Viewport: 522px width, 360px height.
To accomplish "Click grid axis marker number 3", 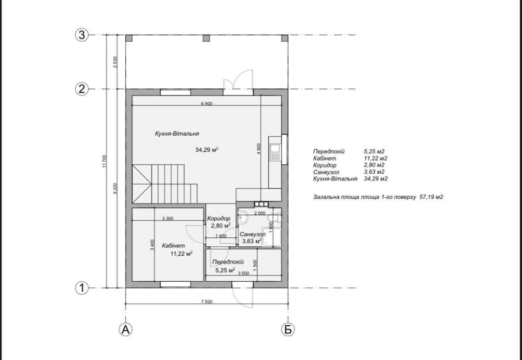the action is pyautogui.click(x=82, y=35).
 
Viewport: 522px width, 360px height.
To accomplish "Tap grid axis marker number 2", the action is pyautogui.click(x=82, y=89).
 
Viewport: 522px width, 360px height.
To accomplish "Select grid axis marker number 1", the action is pyautogui.click(x=82, y=288).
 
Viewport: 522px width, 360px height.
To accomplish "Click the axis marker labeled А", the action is pyautogui.click(x=125, y=329).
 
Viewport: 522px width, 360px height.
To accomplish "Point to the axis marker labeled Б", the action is pyautogui.click(x=288, y=329).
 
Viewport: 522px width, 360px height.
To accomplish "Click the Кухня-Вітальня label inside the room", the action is pyautogui.click(x=177, y=134).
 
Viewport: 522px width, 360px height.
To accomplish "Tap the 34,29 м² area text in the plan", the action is pyautogui.click(x=207, y=150).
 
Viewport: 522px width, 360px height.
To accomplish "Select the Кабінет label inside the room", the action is pyautogui.click(x=173, y=246).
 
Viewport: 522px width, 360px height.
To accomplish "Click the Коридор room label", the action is pyautogui.click(x=218, y=219).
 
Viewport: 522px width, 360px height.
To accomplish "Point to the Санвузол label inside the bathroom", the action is pyautogui.click(x=253, y=234).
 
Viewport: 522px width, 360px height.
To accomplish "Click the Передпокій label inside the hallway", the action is pyautogui.click(x=228, y=262).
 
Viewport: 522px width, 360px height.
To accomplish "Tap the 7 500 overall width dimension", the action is pyautogui.click(x=206, y=302).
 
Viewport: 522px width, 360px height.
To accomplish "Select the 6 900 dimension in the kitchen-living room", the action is pyautogui.click(x=206, y=103).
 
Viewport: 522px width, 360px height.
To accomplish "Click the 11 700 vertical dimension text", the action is pyautogui.click(x=104, y=161).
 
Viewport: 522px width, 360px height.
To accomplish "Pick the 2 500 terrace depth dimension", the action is pyautogui.click(x=115, y=62).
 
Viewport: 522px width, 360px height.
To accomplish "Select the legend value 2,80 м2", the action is pyautogui.click(x=374, y=165).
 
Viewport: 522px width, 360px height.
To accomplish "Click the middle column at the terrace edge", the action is pyautogui.click(x=206, y=38).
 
